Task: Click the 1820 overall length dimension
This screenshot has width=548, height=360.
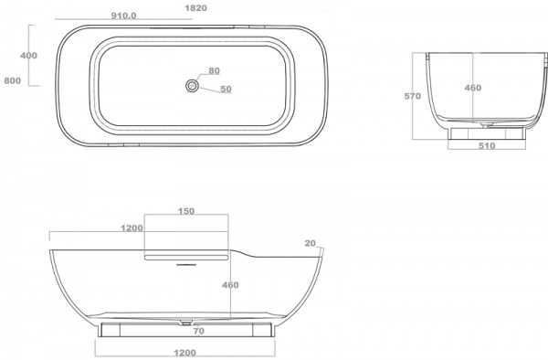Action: [x=195, y=7]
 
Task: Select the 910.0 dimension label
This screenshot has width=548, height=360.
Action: [x=123, y=16]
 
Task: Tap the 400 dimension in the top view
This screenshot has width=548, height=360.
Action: [x=28, y=56]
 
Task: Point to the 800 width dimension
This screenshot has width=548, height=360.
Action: [x=13, y=80]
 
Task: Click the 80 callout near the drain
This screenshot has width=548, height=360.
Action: [x=215, y=70]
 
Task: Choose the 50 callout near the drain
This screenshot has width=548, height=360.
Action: [x=227, y=90]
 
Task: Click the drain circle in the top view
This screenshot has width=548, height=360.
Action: [x=192, y=85]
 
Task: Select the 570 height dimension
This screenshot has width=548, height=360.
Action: [x=413, y=96]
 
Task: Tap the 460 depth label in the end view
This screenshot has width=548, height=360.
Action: [x=473, y=88]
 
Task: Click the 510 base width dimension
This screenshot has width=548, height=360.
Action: [x=487, y=146]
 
